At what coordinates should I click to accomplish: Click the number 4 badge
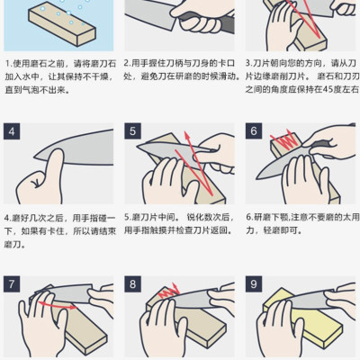[x=13, y=132]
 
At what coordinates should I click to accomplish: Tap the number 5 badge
[x=132, y=132]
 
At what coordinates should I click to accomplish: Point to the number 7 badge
[x=13, y=284]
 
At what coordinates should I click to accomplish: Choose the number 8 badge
[x=132, y=284]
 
